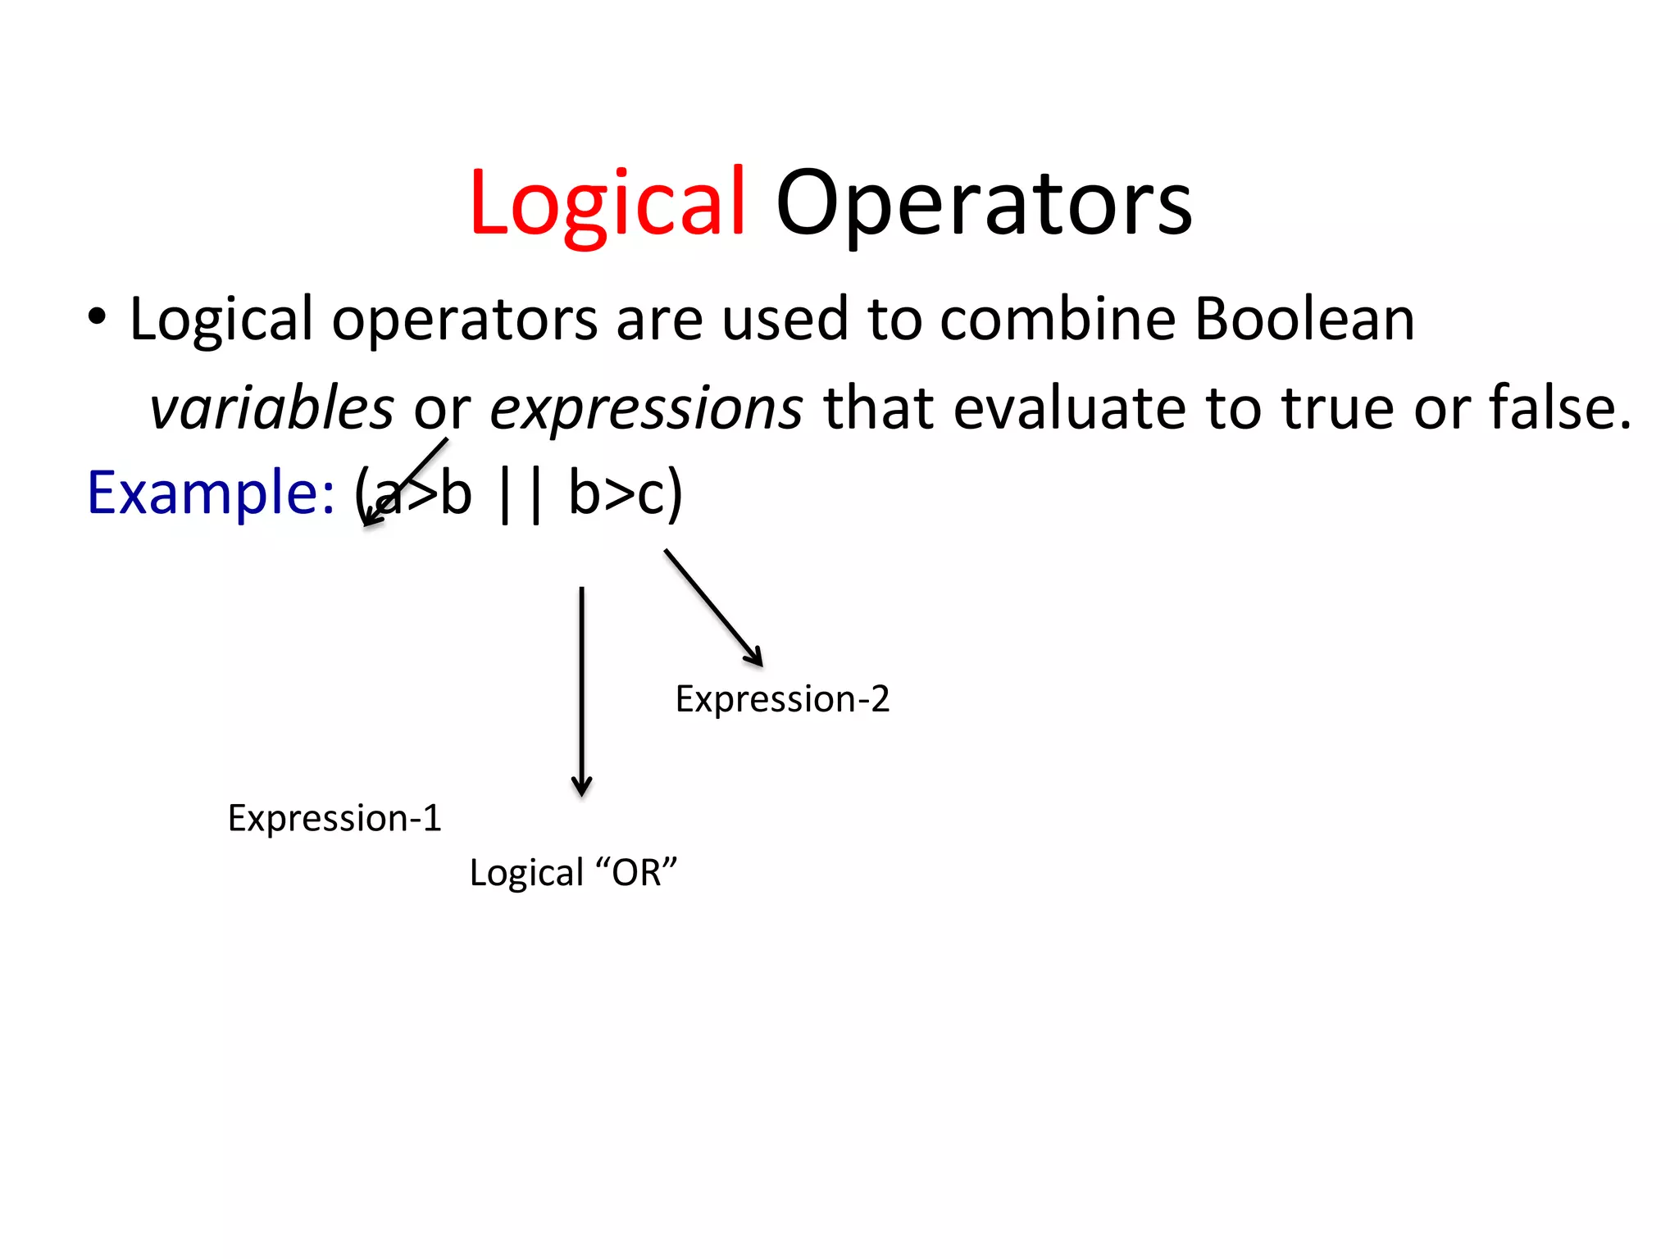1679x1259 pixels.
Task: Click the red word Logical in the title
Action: coord(607,203)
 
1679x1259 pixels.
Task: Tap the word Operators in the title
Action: coord(984,203)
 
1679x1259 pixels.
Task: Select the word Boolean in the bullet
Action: coord(1304,319)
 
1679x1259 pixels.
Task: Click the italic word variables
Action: coord(271,407)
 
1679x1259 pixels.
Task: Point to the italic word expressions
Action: coord(646,407)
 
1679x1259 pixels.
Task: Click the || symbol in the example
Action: coord(520,494)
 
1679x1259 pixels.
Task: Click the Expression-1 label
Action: coord(334,818)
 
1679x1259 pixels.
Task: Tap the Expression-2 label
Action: coord(782,699)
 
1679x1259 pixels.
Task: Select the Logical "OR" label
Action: coord(573,872)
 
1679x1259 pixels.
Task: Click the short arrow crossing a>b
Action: coord(407,481)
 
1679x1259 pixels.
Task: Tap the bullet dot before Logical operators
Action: coord(97,318)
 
